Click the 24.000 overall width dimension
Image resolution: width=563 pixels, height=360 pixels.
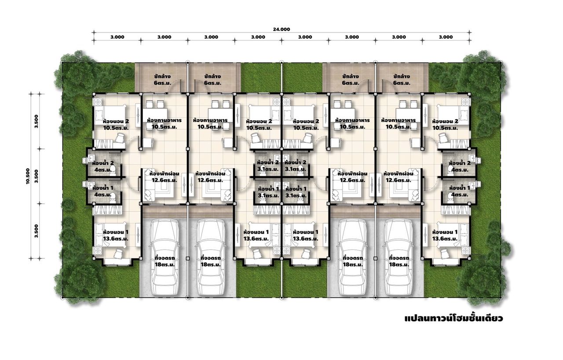pos(281,29)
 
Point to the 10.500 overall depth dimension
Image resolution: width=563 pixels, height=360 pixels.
pos(28,176)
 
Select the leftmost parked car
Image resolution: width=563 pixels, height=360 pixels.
pos(165,257)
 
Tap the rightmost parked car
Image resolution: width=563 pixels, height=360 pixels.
pos(399,257)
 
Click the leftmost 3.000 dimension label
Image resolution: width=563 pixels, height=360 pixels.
pos(117,37)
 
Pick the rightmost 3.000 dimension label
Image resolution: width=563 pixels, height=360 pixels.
pos(446,37)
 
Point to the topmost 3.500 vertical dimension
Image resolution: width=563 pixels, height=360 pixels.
pos(37,121)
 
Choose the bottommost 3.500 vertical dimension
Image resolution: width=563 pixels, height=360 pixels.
pos(37,231)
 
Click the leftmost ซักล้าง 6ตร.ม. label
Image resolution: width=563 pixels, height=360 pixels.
pos(162,80)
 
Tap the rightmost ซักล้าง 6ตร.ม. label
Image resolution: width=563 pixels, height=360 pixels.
pos(402,80)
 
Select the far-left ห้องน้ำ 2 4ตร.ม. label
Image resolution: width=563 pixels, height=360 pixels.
pos(103,166)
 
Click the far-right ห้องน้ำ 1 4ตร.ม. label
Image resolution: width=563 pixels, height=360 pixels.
pos(460,191)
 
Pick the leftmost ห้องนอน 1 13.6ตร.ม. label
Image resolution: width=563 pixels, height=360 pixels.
pos(116,235)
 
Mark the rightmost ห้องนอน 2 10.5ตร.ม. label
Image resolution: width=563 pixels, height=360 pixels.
pos(445,125)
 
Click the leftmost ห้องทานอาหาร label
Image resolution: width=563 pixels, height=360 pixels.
pos(165,120)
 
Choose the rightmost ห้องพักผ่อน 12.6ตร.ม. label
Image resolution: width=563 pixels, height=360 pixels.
pos(398,177)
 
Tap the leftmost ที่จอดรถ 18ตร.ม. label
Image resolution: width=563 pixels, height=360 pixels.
pos(165,261)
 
